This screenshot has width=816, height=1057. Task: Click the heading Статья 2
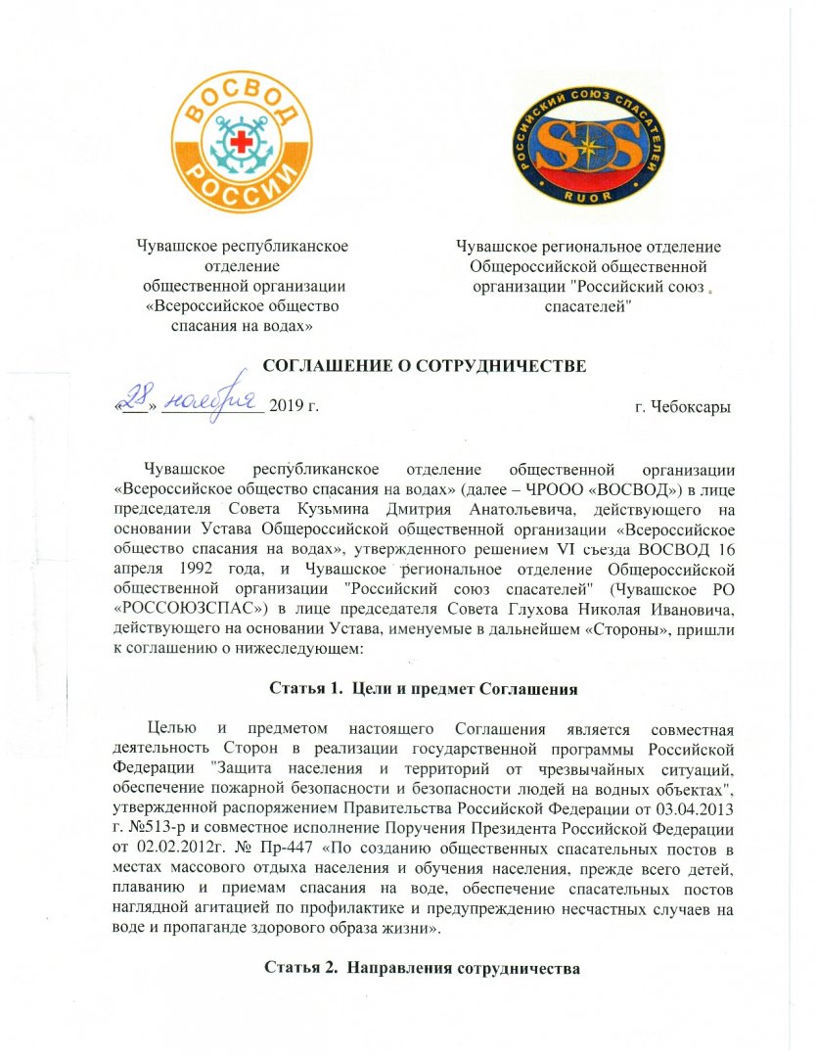(296, 969)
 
